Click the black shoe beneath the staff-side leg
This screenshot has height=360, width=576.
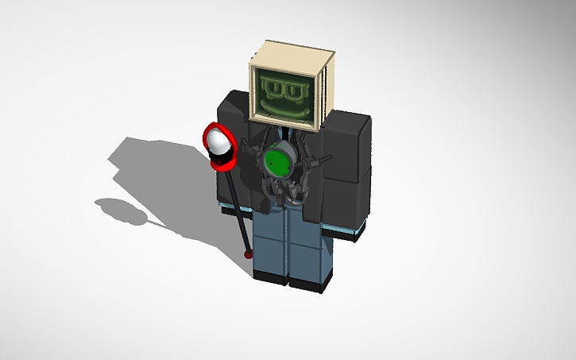(270, 277)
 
